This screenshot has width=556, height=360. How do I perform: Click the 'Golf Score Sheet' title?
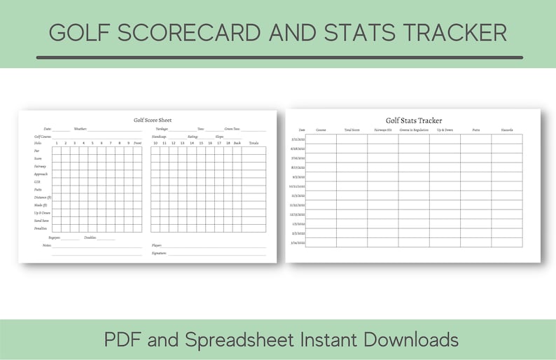point(152,120)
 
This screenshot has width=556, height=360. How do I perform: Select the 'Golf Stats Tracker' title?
point(414,120)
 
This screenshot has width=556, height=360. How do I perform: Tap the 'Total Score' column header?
point(352,130)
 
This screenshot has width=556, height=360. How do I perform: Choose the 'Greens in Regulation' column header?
point(414,130)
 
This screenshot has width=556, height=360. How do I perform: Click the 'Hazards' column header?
point(507,130)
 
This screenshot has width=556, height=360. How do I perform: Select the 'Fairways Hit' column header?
point(382,130)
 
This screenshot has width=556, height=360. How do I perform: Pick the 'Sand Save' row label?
point(41,220)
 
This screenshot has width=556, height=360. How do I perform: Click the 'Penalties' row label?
point(41,228)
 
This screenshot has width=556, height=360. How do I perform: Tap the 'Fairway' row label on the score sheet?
point(40,166)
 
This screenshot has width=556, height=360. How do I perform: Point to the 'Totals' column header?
point(253,143)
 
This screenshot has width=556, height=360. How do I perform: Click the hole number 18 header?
point(228,143)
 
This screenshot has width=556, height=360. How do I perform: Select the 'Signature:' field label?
point(159,253)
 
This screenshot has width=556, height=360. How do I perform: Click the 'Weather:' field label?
point(81,129)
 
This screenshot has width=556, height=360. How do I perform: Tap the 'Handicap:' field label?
point(158,136)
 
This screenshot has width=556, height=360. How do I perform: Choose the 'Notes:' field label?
point(47,245)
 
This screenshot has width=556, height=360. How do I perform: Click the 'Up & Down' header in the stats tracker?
point(445,130)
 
